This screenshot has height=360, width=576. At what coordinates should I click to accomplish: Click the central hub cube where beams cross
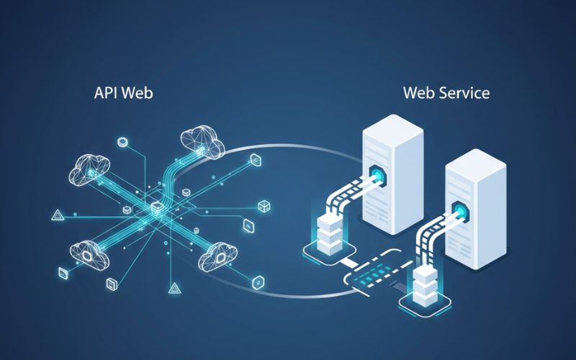[157, 208]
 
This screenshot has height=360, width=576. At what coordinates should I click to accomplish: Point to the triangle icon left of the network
[57, 214]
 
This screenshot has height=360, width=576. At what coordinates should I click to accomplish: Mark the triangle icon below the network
[174, 289]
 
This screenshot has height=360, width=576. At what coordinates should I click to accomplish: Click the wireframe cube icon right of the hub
[264, 207]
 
